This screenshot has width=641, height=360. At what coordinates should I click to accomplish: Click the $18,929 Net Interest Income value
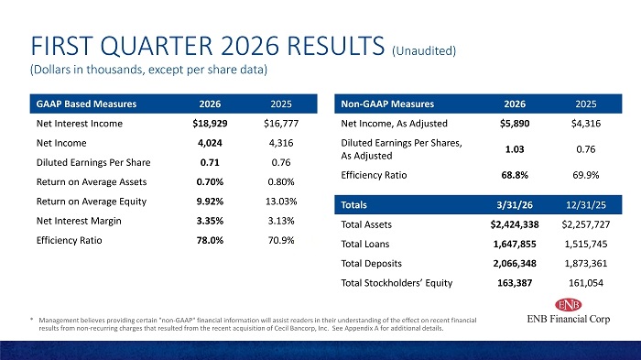point(210,124)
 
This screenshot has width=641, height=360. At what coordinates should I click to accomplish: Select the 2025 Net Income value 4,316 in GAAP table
point(281,143)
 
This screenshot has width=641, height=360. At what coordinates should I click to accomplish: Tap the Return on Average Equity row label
point(92,202)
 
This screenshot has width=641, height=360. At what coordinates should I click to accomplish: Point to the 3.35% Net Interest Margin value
point(210,221)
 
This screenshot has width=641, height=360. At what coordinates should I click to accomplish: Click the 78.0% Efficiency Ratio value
point(210,241)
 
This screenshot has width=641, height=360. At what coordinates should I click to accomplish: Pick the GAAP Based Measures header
point(86,104)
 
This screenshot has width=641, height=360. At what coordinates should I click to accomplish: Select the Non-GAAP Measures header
point(387,104)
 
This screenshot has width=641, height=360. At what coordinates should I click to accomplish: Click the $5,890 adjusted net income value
point(515,124)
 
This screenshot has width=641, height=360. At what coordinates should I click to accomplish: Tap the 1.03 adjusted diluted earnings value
point(515,149)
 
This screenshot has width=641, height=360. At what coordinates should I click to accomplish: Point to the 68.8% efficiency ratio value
point(515,176)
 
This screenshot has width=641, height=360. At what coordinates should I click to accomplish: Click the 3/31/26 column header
point(515,205)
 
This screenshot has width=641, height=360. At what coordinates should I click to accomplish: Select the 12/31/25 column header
point(586,205)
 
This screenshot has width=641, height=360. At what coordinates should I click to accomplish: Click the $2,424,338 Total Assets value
point(515,224)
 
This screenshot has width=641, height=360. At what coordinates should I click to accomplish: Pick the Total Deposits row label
point(371,264)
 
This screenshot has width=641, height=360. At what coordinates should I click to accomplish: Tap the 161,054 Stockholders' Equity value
point(586,283)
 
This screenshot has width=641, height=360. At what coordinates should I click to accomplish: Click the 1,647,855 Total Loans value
point(515,245)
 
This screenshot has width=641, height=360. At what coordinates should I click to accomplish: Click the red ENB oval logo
point(569,305)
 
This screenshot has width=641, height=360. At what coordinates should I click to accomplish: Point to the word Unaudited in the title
point(424,50)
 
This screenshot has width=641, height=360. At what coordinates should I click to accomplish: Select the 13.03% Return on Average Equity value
point(281,202)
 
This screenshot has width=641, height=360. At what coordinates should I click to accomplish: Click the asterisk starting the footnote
point(31,320)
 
